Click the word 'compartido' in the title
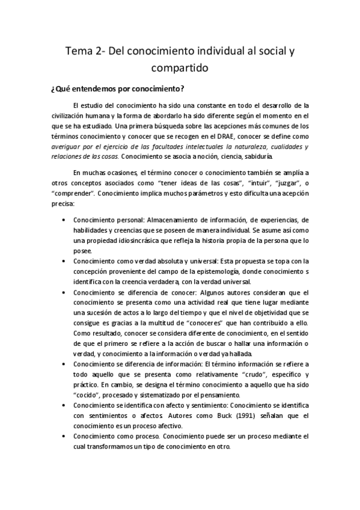(x=180, y=69)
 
